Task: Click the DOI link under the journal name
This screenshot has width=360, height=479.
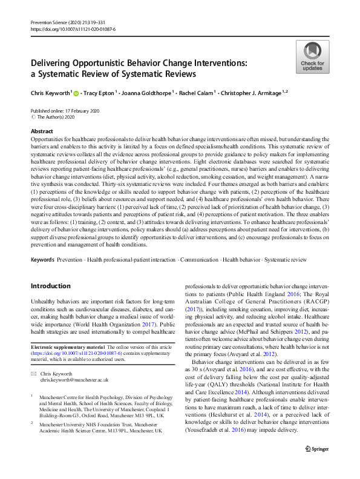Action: (x=73, y=29)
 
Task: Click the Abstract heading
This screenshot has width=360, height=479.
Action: (x=42, y=131)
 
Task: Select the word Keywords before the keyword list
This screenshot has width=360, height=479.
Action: (x=42, y=259)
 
